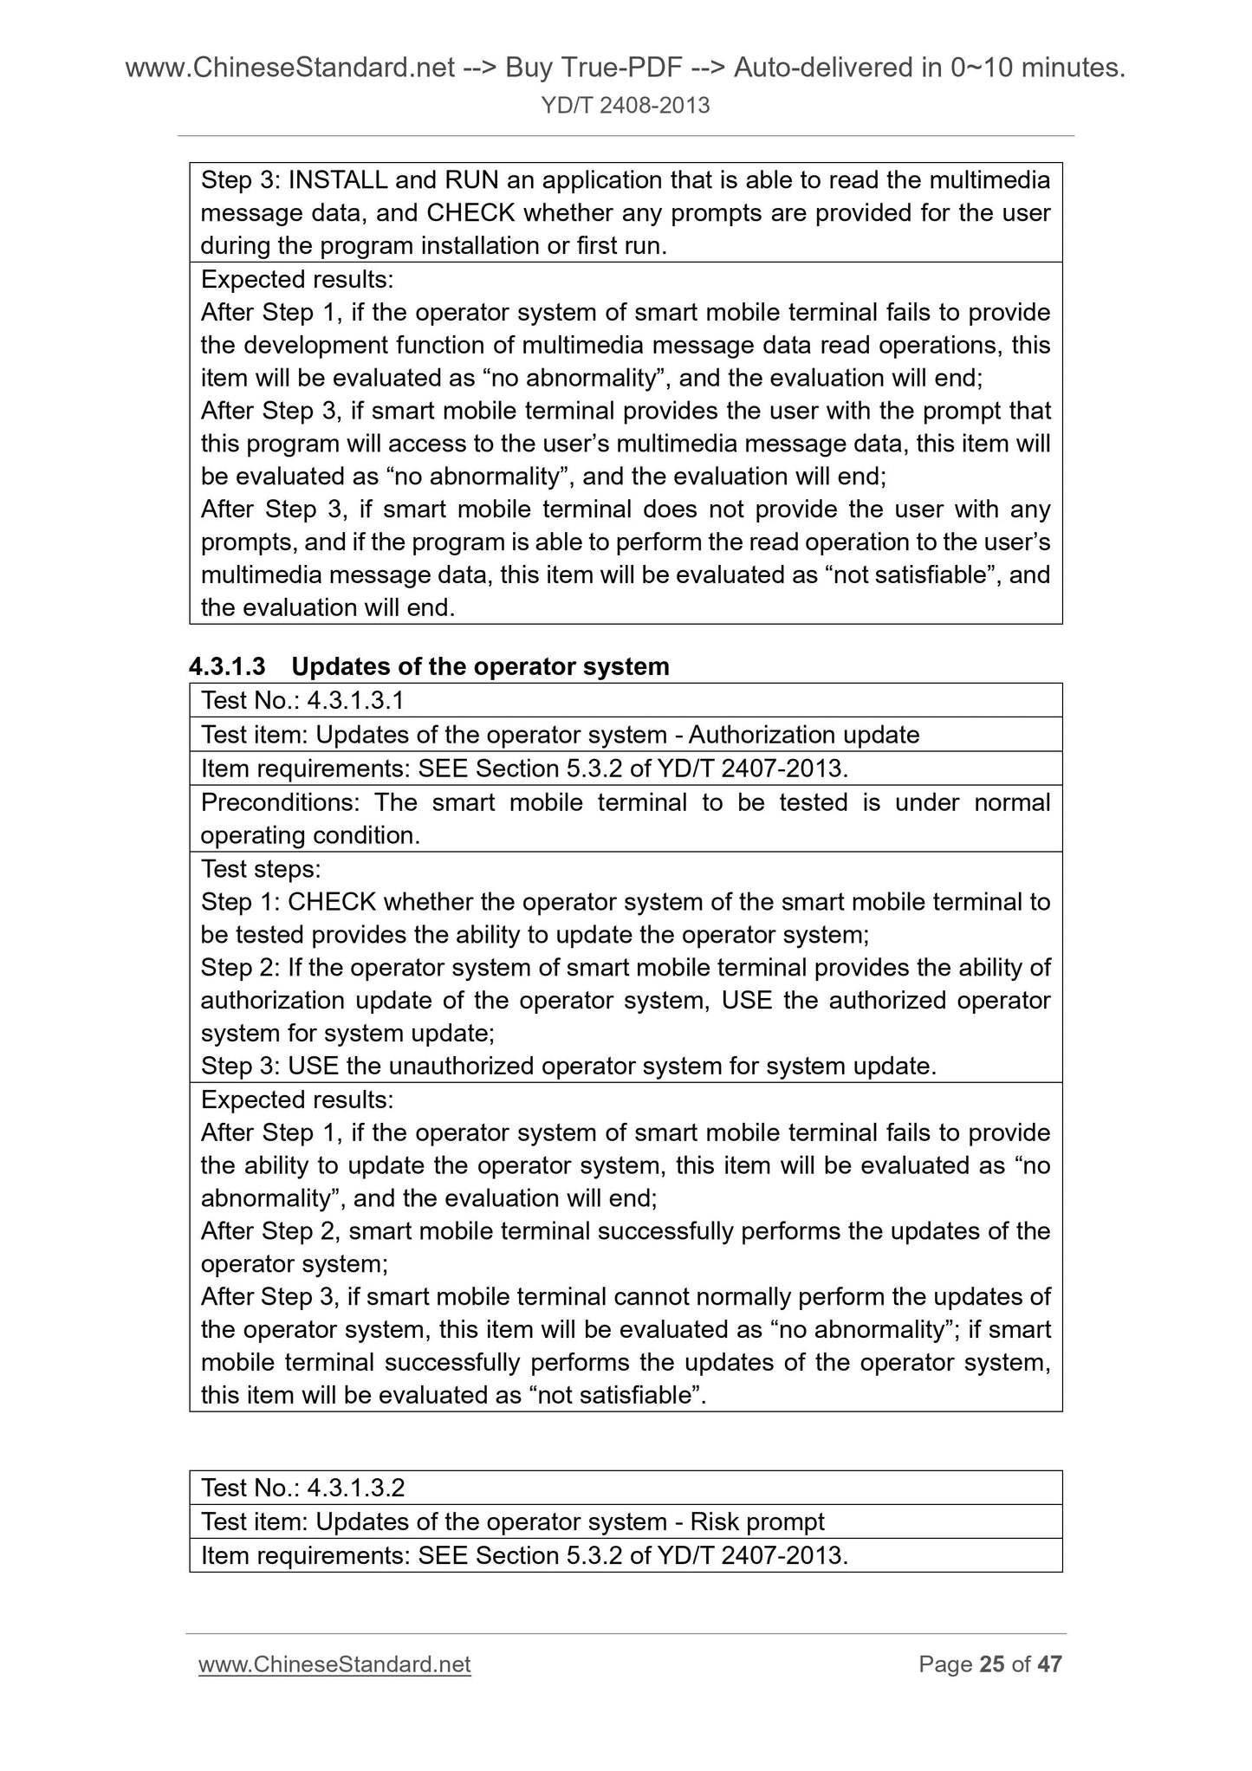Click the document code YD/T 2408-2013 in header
(625, 106)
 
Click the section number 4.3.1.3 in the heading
(227, 666)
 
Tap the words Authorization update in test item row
(804, 735)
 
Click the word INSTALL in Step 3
(337, 180)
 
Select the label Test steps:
(261, 869)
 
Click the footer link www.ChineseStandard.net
(334, 1664)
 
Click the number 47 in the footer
(1049, 1664)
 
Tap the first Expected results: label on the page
(297, 280)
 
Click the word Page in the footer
(945, 1664)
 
